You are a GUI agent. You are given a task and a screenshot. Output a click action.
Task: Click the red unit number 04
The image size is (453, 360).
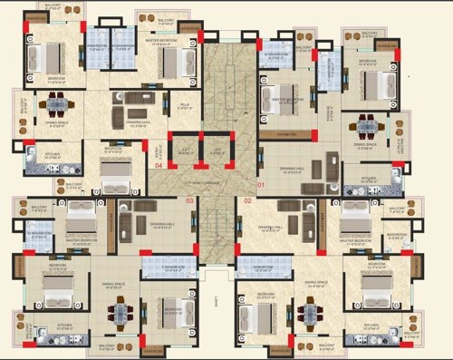tap(159, 166)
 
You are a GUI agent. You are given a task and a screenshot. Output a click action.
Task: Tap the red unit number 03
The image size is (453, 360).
tap(190, 200)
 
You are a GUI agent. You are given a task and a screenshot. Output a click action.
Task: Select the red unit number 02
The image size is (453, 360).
tap(247, 200)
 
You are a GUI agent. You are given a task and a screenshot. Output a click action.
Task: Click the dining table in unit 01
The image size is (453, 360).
tap(367, 125)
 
